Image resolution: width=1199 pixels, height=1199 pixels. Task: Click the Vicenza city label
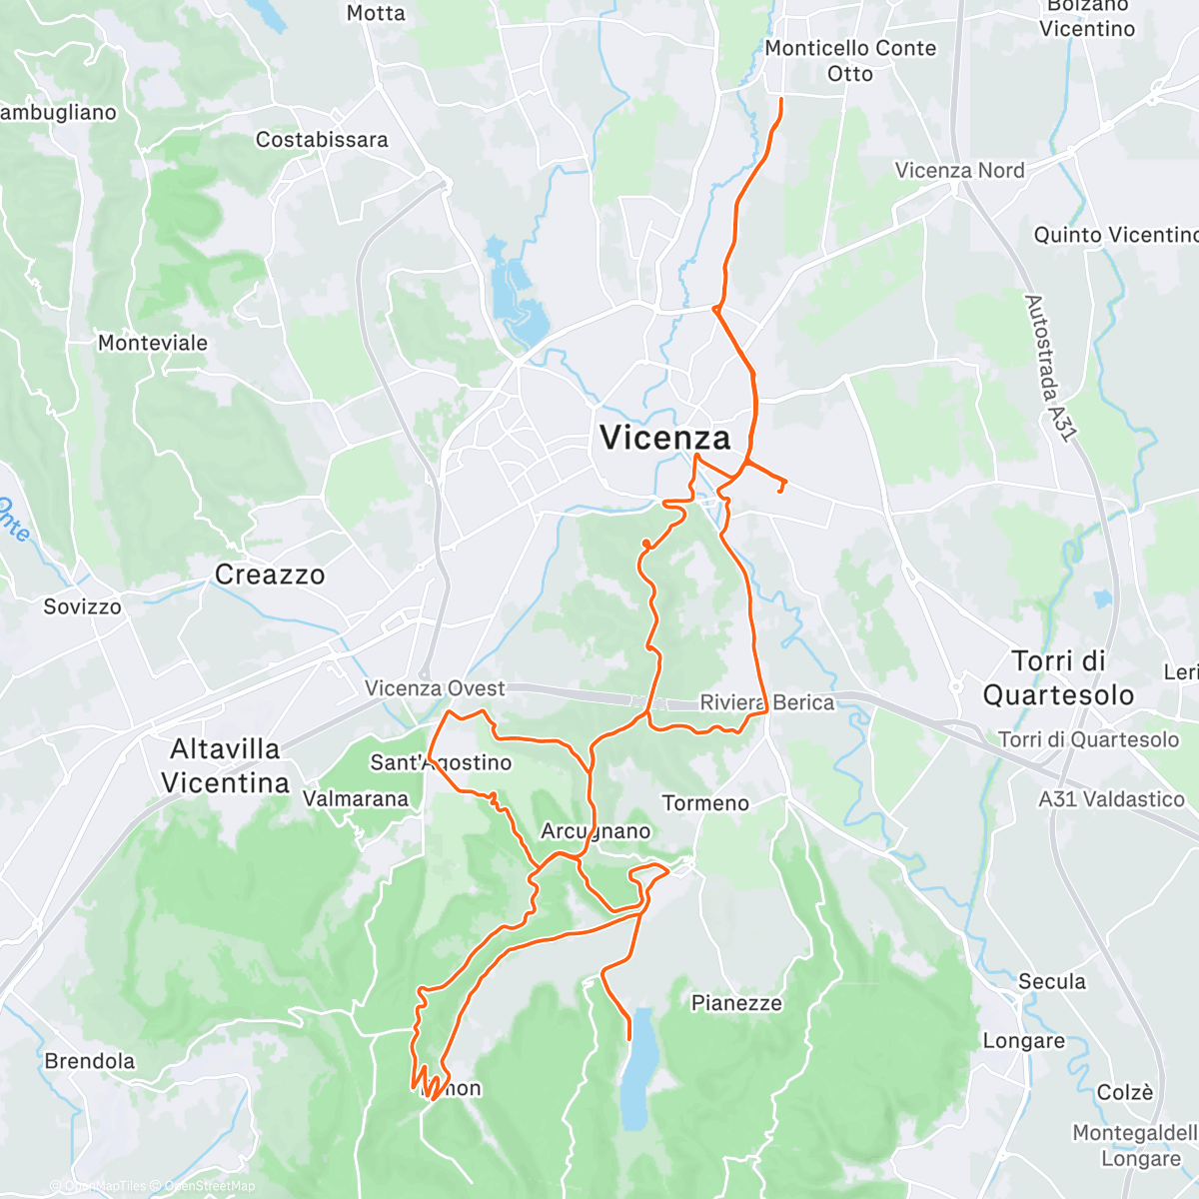(664, 438)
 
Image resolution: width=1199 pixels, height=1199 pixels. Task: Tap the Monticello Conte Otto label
(850, 61)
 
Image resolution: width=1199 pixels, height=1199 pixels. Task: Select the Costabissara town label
(322, 140)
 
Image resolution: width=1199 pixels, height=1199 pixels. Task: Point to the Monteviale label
(153, 343)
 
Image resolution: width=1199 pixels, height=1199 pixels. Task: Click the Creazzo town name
(270, 575)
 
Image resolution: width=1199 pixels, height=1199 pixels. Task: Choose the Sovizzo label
(82, 606)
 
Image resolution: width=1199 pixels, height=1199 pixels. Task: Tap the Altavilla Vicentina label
(226, 765)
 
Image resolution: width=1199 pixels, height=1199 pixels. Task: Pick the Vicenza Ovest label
(435, 688)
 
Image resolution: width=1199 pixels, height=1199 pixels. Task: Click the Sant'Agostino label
(441, 762)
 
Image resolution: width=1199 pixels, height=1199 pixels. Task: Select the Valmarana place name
(356, 798)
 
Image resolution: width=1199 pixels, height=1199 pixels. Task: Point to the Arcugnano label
(596, 831)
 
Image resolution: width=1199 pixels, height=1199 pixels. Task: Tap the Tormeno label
(705, 803)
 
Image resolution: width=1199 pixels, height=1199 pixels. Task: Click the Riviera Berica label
(766, 702)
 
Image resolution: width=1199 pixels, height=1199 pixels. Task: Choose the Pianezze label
(736, 1003)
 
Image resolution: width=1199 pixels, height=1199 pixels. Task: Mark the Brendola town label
(90, 1061)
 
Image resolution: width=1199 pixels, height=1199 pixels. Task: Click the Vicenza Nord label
(959, 171)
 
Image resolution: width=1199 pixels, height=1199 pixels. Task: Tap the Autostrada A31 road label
(1050, 368)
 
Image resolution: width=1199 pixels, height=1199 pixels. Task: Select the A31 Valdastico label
(1111, 799)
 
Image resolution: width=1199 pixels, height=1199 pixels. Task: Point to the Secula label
(1052, 981)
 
